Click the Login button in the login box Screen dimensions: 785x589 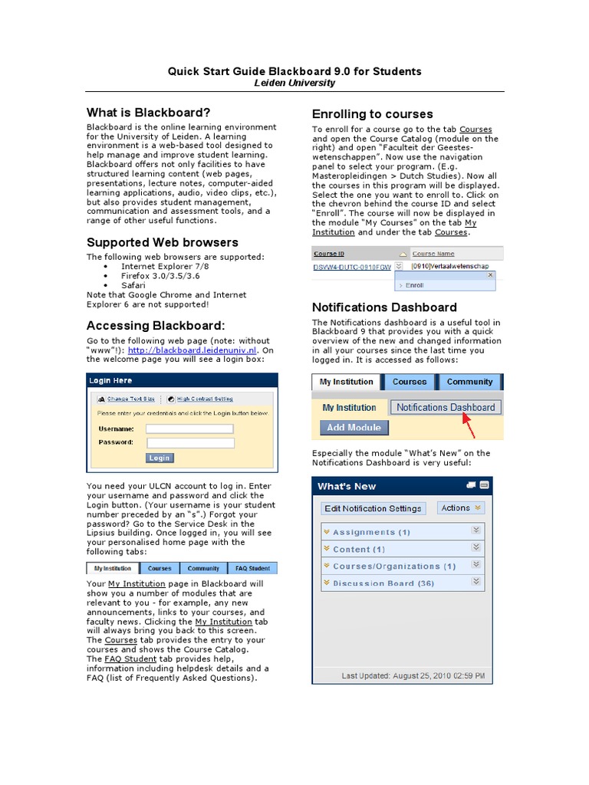pos(160,458)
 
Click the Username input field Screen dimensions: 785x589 pos(189,429)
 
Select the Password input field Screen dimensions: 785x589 pos(189,442)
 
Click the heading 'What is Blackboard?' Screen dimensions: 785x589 pos(148,113)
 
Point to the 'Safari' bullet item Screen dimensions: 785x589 pos(133,284)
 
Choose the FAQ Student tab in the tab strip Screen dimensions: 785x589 pos(252,568)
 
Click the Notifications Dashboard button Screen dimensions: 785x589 pos(446,407)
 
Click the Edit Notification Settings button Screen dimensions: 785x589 pos(373,507)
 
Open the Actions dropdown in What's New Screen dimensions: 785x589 pos(461,507)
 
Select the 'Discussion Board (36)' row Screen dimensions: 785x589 pos(383,583)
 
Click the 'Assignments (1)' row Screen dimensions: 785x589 pos(371,531)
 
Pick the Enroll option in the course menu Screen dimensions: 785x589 pos(414,284)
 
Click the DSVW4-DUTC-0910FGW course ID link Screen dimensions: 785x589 pos(352,267)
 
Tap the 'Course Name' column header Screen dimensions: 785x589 pos(433,254)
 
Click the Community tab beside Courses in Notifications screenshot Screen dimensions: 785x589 pos(469,382)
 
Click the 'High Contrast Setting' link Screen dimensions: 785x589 pos(204,399)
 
